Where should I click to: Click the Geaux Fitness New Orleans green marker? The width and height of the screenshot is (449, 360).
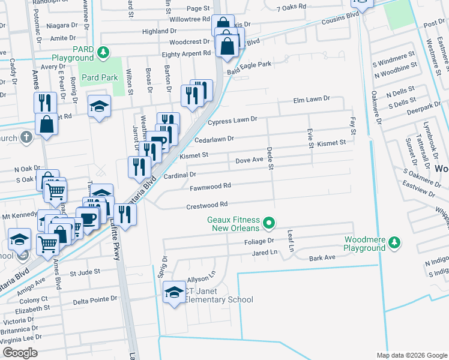click(x=270, y=224)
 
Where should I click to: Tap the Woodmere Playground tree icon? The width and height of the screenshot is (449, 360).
click(x=394, y=242)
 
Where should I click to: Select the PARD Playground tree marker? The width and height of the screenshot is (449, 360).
click(x=104, y=53)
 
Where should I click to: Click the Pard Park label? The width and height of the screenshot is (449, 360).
click(x=100, y=77)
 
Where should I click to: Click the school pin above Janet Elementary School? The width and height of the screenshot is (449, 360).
click(x=174, y=292)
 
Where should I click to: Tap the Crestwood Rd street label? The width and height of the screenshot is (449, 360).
click(x=207, y=205)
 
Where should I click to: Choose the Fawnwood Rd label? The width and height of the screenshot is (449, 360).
click(x=210, y=187)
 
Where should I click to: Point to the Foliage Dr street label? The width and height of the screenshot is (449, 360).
click(x=258, y=241)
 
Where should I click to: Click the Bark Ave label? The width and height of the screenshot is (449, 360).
click(x=322, y=258)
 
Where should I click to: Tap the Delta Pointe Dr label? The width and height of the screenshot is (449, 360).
click(x=95, y=299)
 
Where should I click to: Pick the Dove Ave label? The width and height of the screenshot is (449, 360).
click(x=249, y=160)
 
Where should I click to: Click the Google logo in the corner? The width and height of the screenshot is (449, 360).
click(x=20, y=353)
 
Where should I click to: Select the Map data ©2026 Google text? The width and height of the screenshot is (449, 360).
click(x=411, y=355)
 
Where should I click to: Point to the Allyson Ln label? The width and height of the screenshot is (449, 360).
click(x=201, y=279)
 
